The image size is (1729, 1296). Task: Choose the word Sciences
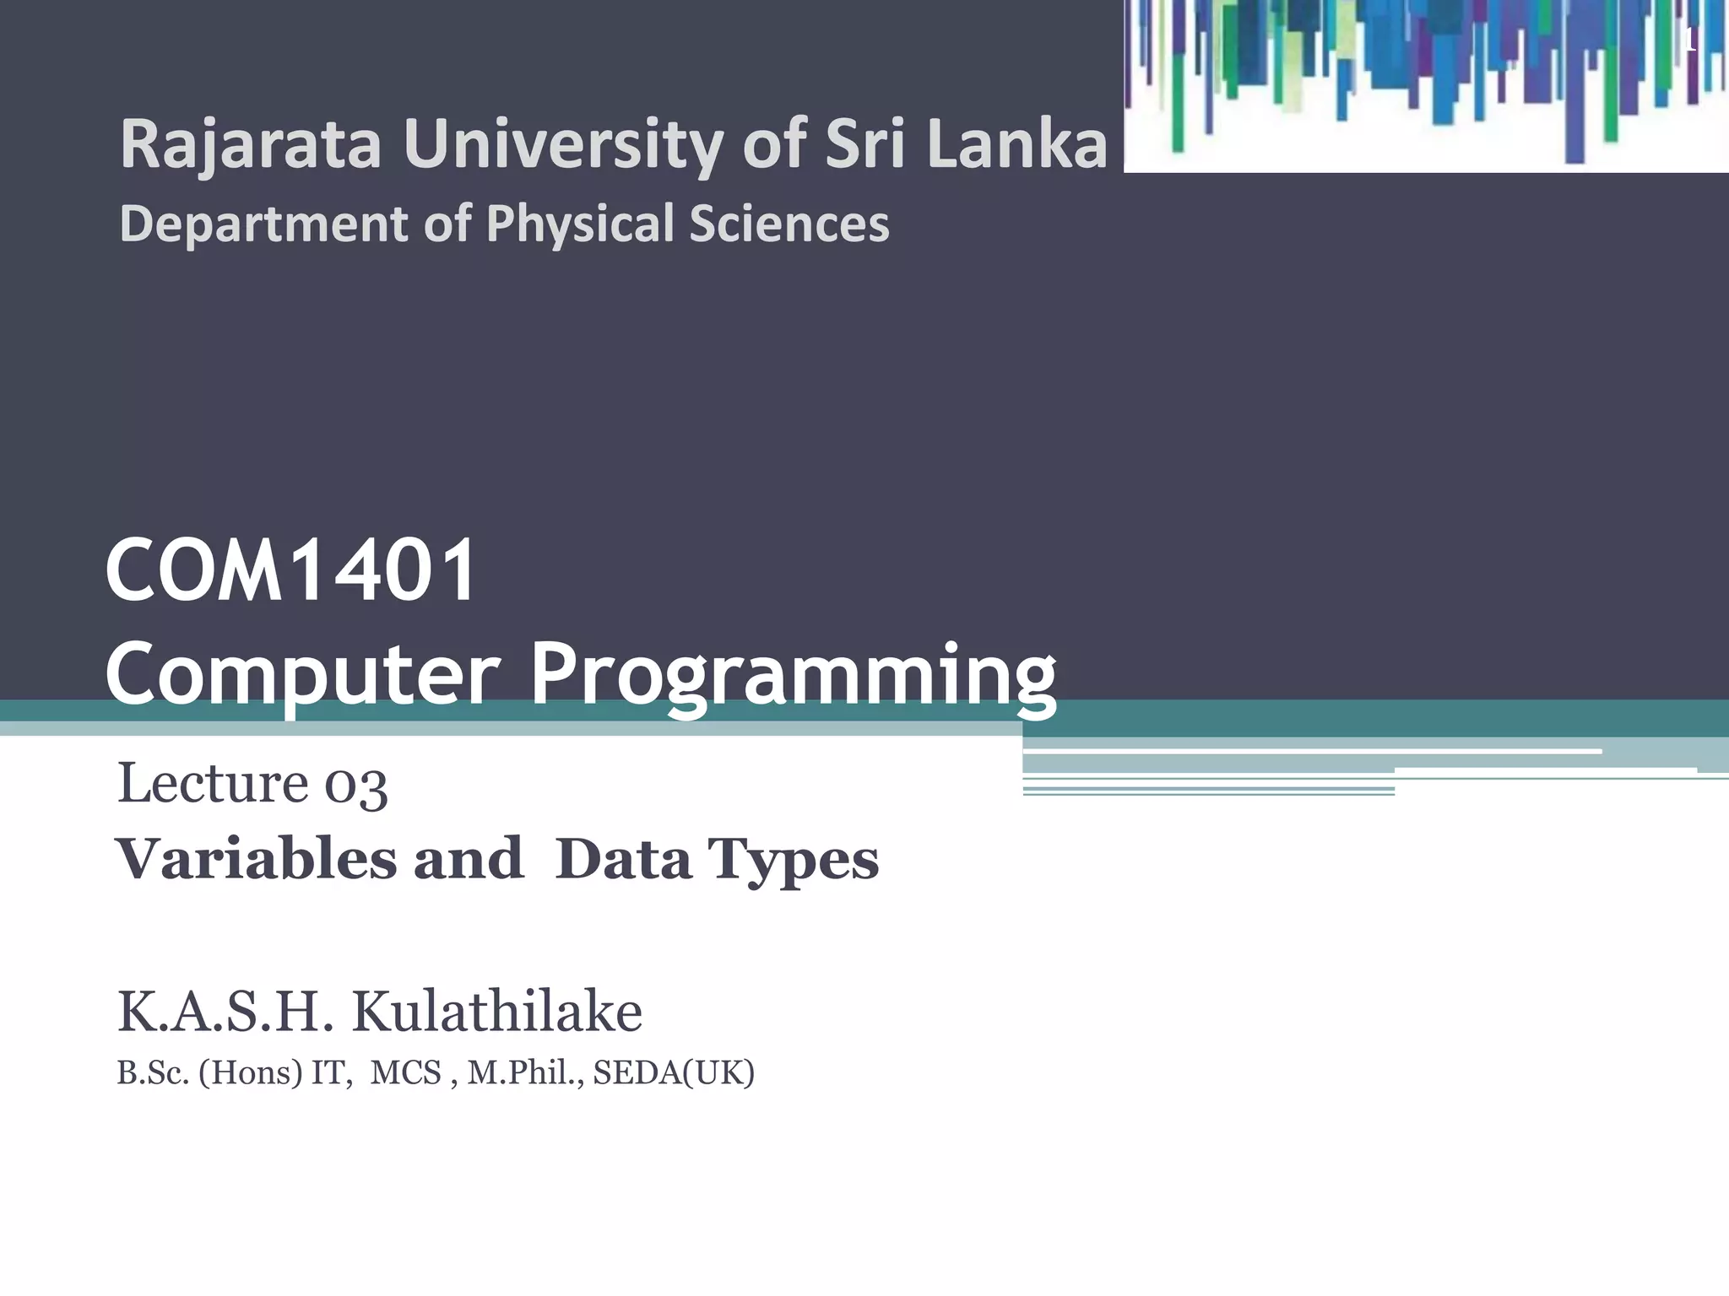(789, 224)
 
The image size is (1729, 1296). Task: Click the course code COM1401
(291, 571)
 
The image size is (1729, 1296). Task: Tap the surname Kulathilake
(496, 1012)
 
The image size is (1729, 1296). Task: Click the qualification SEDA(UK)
(674, 1073)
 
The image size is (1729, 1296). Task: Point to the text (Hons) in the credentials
(251, 1073)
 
